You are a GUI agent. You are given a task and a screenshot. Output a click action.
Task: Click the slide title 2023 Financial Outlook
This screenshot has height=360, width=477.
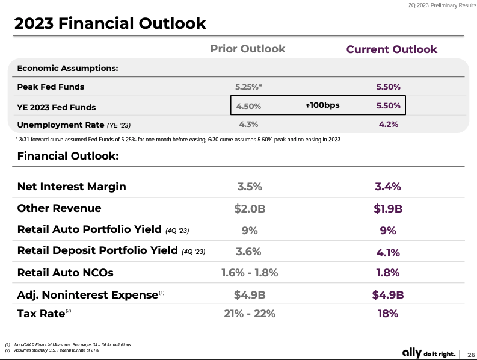tap(110, 23)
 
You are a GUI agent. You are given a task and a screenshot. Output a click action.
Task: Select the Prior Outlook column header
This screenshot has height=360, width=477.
tap(248, 49)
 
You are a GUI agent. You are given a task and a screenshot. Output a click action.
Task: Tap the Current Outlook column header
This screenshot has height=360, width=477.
tap(392, 49)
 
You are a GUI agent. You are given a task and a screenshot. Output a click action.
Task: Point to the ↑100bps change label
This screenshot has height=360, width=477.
tap(322, 105)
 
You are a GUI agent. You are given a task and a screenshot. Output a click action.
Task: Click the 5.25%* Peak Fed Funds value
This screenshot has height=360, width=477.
tap(248, 87)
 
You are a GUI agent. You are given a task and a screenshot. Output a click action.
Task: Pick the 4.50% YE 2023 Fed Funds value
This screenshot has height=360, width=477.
tap(248, 106)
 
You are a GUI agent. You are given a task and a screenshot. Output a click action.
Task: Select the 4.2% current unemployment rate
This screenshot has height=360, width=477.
tap(388, 125)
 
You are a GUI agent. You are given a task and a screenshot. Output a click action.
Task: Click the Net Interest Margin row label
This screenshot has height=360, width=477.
tap(72, 186)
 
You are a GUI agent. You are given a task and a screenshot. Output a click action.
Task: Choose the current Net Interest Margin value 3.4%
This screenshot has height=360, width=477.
tap(388, 187)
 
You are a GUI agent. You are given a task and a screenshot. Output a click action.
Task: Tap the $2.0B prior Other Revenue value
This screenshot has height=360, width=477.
tap(249, 208)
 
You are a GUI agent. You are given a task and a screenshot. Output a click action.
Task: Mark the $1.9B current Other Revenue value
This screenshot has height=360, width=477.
tap(388, 209)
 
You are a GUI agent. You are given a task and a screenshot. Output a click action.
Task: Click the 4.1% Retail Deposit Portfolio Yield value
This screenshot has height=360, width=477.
tap(388, 253)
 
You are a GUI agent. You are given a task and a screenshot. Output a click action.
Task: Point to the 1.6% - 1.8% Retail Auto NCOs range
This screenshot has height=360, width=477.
tap(249, 273)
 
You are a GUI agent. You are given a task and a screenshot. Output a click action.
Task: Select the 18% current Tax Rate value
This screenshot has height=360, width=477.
tap(388, 314)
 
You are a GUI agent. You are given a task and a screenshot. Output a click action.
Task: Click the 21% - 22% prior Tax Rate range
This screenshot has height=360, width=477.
tap(249, 314)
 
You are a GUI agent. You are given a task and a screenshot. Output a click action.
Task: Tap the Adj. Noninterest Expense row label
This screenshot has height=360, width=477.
tap(87, 294)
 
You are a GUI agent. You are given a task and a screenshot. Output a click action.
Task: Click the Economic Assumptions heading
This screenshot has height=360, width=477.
tap(67, 68)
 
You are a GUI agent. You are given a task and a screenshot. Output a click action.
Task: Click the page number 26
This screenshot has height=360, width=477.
tap(471, 353)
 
